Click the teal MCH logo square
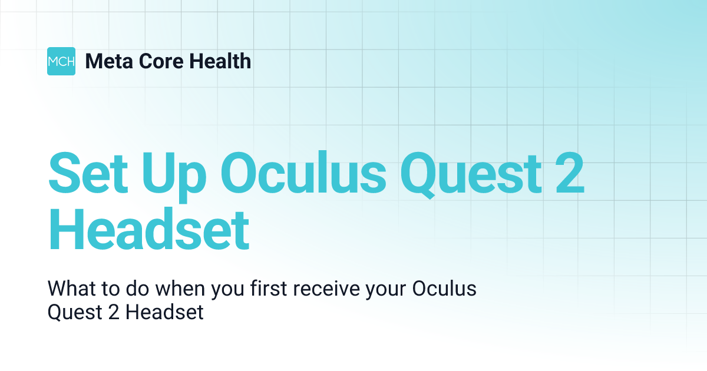point(61,61)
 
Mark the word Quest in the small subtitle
point(67,312)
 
